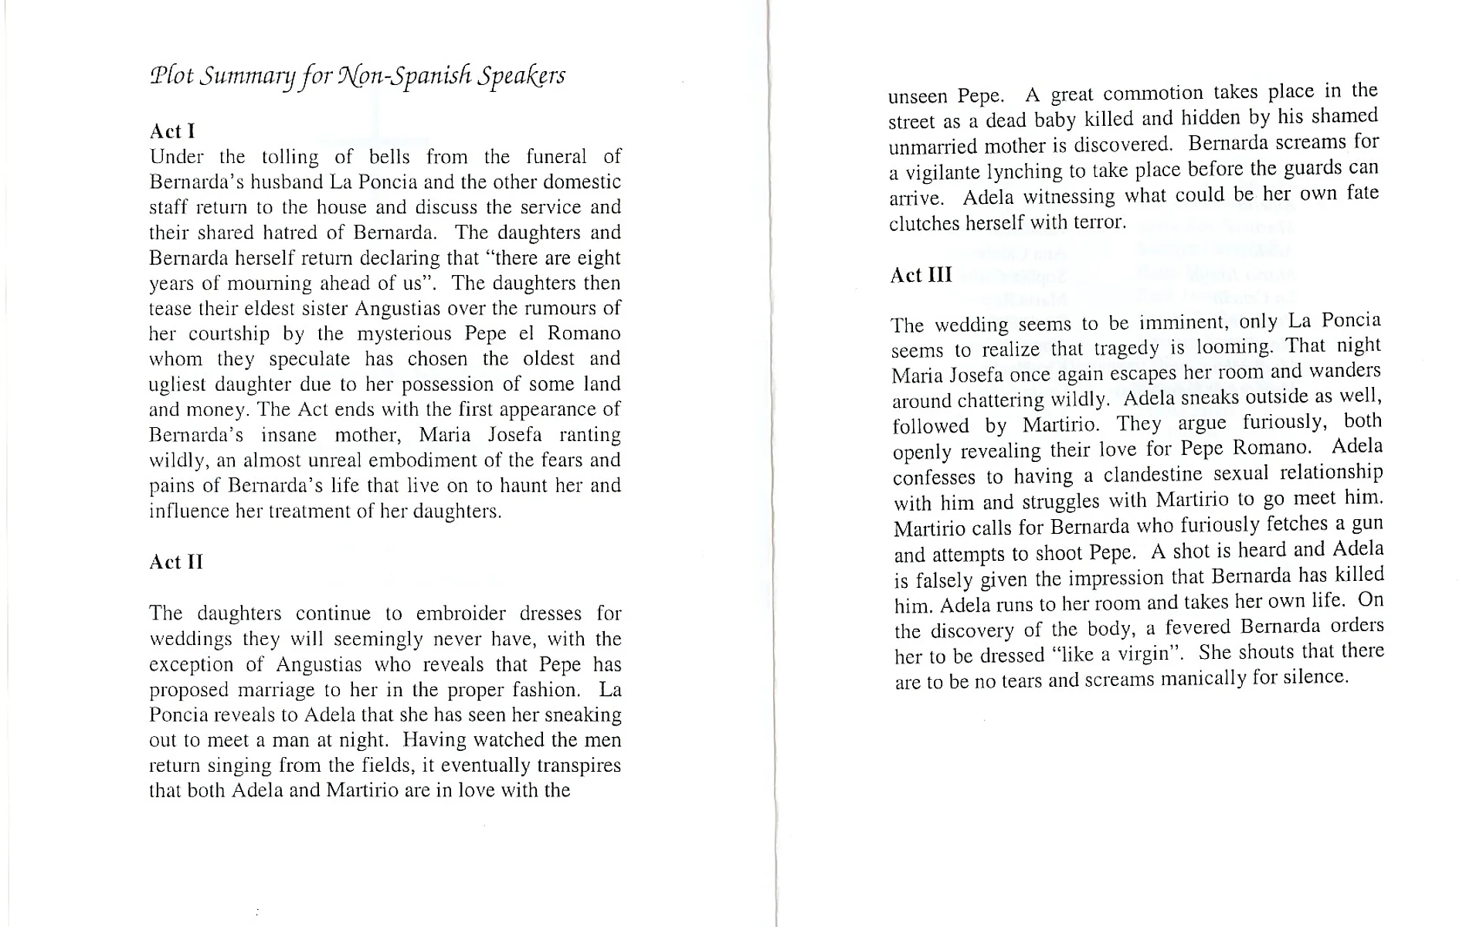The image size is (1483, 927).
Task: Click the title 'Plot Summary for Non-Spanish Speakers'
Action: pyautogui.click(x=357, y=76)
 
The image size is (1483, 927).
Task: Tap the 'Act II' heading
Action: pyautogui.click(x=176, y=562)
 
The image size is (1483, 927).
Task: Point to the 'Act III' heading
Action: pyautogui.click(x=921, y=276)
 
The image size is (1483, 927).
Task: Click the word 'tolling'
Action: pyautogui.click(x=290, y=157)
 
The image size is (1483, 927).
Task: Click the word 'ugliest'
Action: pyautogui.click(x=176, y=384)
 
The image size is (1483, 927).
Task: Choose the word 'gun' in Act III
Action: pyautogui.click(x=1366, y=524)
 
